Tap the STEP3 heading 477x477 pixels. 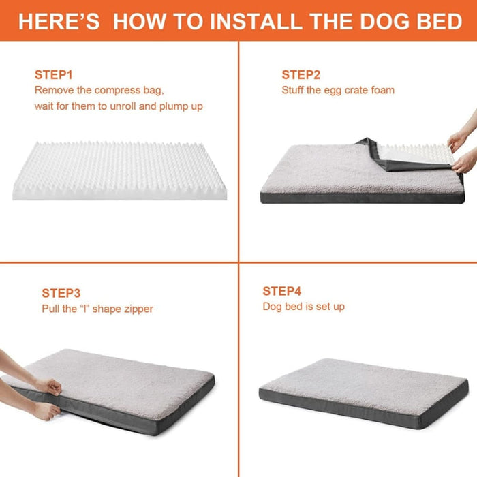pos(61,293)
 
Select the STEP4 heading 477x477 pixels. pos(282,291)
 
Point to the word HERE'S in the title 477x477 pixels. pos(59,21)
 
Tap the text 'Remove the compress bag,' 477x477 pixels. pos(99,90)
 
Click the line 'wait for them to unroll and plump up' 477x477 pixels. pos(119,106)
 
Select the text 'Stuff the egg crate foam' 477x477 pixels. pos(338,90)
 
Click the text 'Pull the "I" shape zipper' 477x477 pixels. pos(97,309)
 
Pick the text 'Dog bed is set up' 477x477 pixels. pos(304,307)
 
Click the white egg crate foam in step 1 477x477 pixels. pos(119,170)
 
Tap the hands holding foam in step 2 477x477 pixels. pos(463,150)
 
